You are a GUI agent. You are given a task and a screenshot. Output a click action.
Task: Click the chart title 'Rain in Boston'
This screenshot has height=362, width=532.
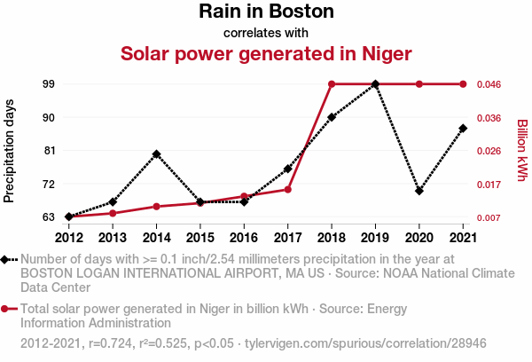tap(266, 12)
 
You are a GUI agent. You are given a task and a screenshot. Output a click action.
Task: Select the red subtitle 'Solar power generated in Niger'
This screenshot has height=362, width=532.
tap(266, 53)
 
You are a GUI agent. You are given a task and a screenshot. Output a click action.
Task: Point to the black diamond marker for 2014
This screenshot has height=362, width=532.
tap(156, 153)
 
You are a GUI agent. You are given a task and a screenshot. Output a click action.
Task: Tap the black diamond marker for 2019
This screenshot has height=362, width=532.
tap(376, 84)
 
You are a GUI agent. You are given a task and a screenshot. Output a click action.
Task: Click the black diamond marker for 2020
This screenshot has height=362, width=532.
tap(419, 191)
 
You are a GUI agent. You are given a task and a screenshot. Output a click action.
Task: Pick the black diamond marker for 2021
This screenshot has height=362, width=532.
tap(463, 129)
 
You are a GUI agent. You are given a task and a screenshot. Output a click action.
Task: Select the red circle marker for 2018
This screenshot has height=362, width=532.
tap(332, 84)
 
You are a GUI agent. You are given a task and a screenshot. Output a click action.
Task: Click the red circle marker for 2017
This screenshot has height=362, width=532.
tap(288, 189)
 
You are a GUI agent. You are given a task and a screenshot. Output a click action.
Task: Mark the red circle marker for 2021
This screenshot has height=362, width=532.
tap(463, 84)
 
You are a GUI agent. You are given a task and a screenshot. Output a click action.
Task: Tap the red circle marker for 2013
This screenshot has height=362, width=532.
tap(113, 213)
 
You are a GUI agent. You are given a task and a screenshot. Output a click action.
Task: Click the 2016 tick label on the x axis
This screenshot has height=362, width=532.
tap(244, 237)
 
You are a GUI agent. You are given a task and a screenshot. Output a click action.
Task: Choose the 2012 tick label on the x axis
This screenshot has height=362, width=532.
tap(68, 237)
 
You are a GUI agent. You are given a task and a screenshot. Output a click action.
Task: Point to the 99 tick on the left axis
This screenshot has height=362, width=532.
tap(48, 84)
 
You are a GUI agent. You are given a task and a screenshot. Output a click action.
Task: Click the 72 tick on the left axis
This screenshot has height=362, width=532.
tap(48, 184)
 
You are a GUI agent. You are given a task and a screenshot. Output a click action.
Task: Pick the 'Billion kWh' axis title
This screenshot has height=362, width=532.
tap(522, 151)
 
